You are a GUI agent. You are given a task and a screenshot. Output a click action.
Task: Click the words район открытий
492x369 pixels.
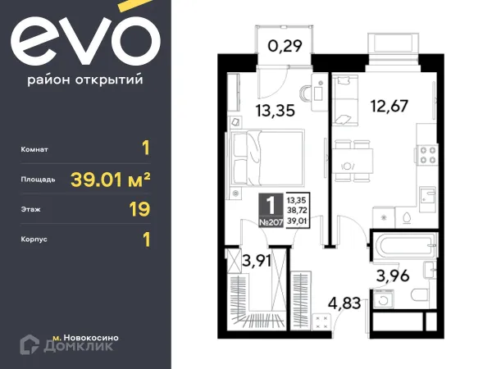pos(85,80)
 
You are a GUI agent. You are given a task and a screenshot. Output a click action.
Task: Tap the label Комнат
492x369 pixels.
pos(36,149)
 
